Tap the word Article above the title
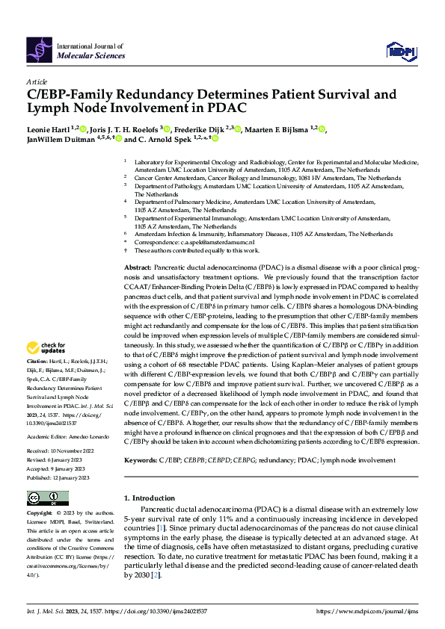coord(37,81)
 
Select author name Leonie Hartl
coord(46,128)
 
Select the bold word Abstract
coord(138,267)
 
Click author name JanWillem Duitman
coord(64,139)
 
